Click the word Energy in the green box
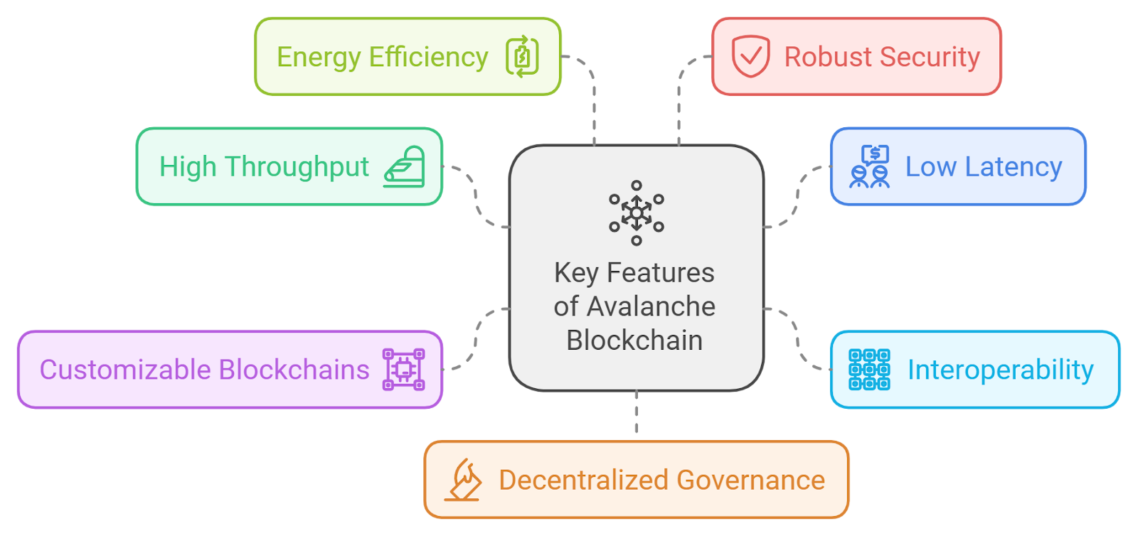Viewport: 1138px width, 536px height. click(x=318, y=58)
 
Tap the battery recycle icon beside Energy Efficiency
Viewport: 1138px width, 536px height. click(x=522, y=56)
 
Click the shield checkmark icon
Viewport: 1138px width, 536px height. click(x=750, y=55)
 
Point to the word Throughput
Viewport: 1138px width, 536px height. click(x=297, y=168)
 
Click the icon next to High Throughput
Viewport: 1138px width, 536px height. click(x=405, y=167)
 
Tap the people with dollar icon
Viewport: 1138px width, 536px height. click(x=870, y=166)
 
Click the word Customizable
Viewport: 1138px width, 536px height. click(x=125, y=370)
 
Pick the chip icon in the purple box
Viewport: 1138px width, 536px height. click(x=403, y=369)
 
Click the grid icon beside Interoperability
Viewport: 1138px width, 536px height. click(x=869, y=370)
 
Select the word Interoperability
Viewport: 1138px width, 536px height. click(x=1000, y=370)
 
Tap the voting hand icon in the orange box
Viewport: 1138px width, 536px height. click(x=463, y=480)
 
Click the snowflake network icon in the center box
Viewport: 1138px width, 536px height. click(x=637, y=213)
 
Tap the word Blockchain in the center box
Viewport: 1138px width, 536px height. click(x=634, y=341)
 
